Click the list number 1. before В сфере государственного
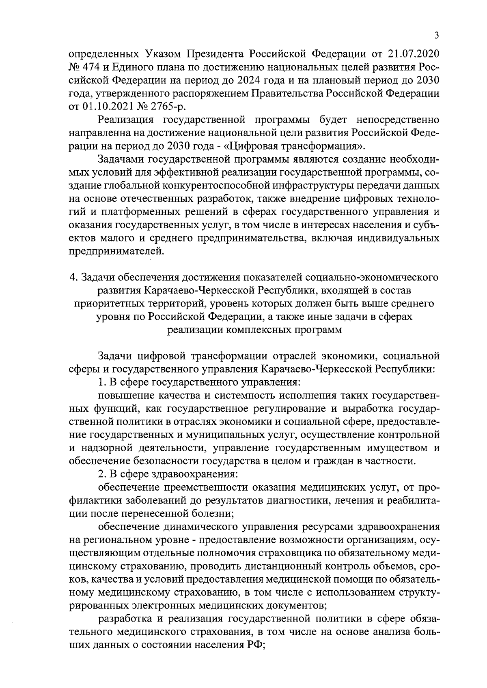point(102,382)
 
